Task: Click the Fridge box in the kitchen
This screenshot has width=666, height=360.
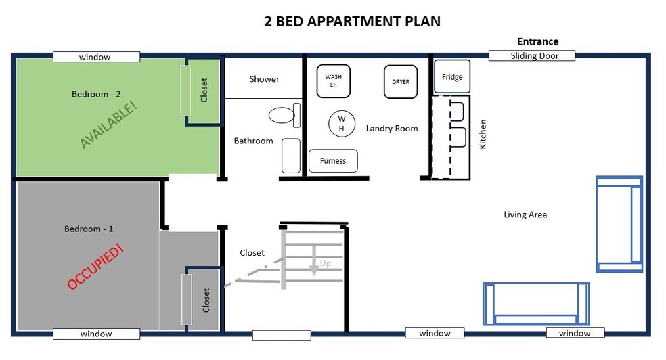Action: (x=452, y=76)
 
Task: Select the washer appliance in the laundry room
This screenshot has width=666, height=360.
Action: (x=334, y=81)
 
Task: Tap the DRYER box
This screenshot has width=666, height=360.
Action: (x=401, y=81)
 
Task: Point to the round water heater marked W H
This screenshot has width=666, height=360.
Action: (x=342, y=124)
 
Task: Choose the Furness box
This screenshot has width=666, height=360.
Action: (x=333, y=161)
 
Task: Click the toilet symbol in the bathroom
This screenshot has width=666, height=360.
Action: (x=284, y=115)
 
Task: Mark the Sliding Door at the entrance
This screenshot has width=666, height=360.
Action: (x=532, y=55)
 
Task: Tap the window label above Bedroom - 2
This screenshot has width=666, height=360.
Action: (x=96, y=57)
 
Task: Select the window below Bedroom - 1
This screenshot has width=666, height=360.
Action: (x=96, y=334)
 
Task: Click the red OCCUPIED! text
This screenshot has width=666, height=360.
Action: (x=95, y=266)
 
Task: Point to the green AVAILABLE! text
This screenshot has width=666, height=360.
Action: (x=109, y=125)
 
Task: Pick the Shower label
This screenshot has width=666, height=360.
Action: (x=264, y=79)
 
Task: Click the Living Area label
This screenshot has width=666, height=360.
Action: (x=525, y=215)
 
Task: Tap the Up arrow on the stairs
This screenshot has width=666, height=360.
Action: (x=314, y=261)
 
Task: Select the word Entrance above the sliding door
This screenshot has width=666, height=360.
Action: (x=537, y=41)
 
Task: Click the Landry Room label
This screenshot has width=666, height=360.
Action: (x=392, y=128)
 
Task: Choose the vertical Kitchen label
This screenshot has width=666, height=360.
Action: (x=483, y=134)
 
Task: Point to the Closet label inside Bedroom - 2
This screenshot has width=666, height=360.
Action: (x=204, y=90)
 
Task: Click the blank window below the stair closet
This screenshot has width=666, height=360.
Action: (x=282, y=336)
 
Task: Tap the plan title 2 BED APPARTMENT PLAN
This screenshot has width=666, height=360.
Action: (x=353, y=21)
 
